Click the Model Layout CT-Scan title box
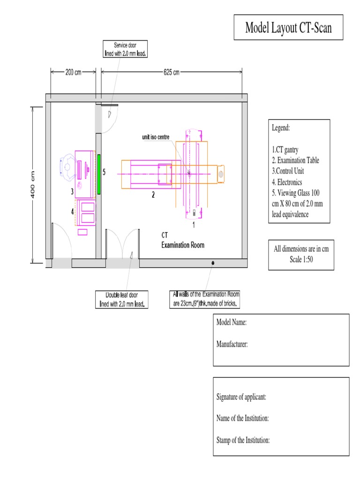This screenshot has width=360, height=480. (288, 28)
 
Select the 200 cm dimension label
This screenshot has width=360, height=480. (73, 72)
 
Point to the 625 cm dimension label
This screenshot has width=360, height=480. (171, 72)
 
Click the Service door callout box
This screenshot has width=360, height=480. (125, 49)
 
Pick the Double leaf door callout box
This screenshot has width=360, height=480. (121, 299)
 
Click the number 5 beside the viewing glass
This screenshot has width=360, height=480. (104, 172)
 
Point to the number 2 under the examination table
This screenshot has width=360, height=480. (153, 195)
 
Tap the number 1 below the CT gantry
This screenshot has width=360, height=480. (194, 225)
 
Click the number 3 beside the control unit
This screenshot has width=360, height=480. (72, 191)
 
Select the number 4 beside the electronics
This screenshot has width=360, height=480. (72, 211)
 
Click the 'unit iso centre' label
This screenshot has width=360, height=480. (156, 137)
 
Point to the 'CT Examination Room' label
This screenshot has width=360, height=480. (183, 241)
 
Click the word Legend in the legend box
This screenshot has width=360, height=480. (281, 127)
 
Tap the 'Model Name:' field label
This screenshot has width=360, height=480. (232, 323)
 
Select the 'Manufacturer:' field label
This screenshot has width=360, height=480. (232, 345)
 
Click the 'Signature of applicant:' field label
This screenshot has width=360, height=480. (241, 397)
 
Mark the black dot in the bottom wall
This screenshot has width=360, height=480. (213, 263)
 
